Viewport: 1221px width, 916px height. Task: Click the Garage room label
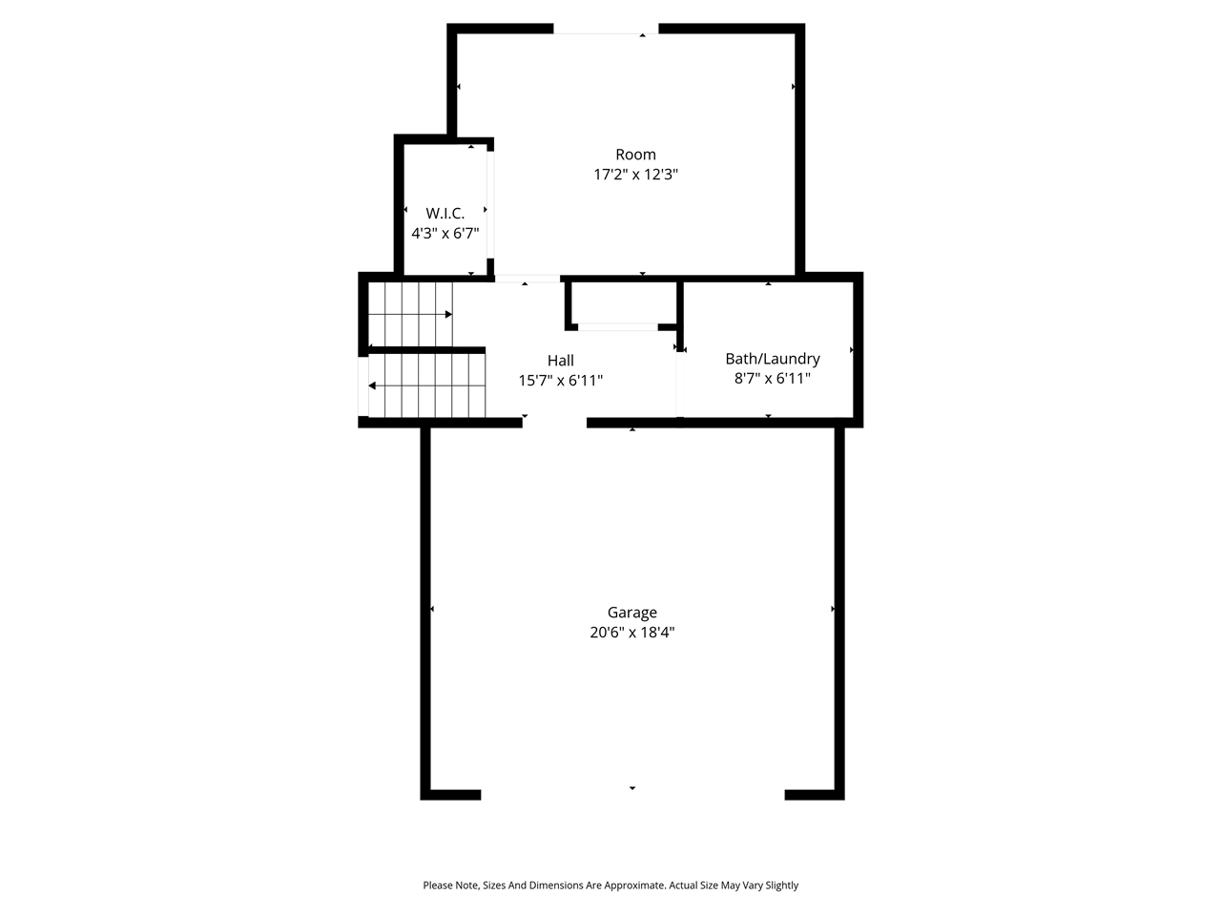pyautogui.click(x=631, y=613)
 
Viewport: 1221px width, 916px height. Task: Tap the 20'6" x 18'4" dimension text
pyautogui.click(x=631, y=633)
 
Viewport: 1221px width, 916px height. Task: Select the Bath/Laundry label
pyautogui.click(x=772, y=359)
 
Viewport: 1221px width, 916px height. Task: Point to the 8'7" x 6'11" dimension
pyautogui.click(x=772, y=379)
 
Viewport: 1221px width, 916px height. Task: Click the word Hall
pyautogui.click(x=560, y=361)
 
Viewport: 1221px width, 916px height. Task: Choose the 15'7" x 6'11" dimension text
pyautogui.click(x=560, y=381)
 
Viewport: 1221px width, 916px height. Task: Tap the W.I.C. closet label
pyautogui.click(x=445, y=214)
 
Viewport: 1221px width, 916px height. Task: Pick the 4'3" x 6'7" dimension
pyautogui.click(x=445, y=234)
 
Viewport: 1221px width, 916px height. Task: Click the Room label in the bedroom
pyautogui.click(x=635, y=155)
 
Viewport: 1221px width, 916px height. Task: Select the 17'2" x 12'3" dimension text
pyautogui.click(x=635, y=175)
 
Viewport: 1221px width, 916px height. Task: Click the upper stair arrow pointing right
pyautogui.click(x=446, y=314)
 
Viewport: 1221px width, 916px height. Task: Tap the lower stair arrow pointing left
pyautogui.click(x=373, y=385)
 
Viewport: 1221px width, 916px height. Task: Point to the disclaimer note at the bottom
pyautogui.click(x=610, y=885)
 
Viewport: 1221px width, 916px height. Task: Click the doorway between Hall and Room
pyautogui.click(x=527, y=279)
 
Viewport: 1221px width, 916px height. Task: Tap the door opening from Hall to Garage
pyautogui.click(x=554, y=422)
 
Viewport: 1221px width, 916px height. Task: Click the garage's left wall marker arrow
pyautogui.click(x=432, y=609)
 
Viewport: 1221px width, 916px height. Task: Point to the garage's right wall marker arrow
pyautogui.click(x=833, y=609)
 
